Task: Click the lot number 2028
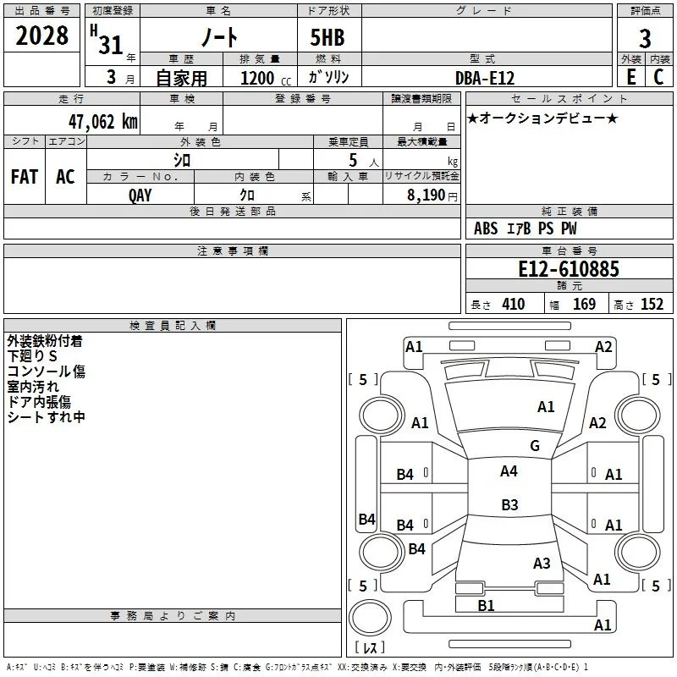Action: click(41, 36)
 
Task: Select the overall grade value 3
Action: click(645, 39)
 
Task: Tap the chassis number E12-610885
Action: click(568, 269)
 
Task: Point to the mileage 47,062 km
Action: click(102, 122)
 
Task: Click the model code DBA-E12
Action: click(485, 78)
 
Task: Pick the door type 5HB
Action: click(327, 37)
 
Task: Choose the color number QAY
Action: click(140, 195)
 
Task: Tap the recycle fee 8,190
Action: click(426, 195)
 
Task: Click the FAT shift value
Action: click(25, 177)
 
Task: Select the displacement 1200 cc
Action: click(266, 79)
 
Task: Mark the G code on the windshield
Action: click(535, 446)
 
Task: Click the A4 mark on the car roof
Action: click(509, 471)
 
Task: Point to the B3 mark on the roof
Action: click(509, 504)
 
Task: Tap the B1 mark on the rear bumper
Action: click(486, 606)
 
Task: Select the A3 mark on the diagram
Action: click(542, 563)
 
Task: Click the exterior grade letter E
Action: click(630, 77)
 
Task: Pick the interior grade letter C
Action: click(658, 77)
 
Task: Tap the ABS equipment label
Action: click(486, 228)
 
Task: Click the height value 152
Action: click(652, 305)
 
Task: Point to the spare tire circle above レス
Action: click(370, 618)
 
